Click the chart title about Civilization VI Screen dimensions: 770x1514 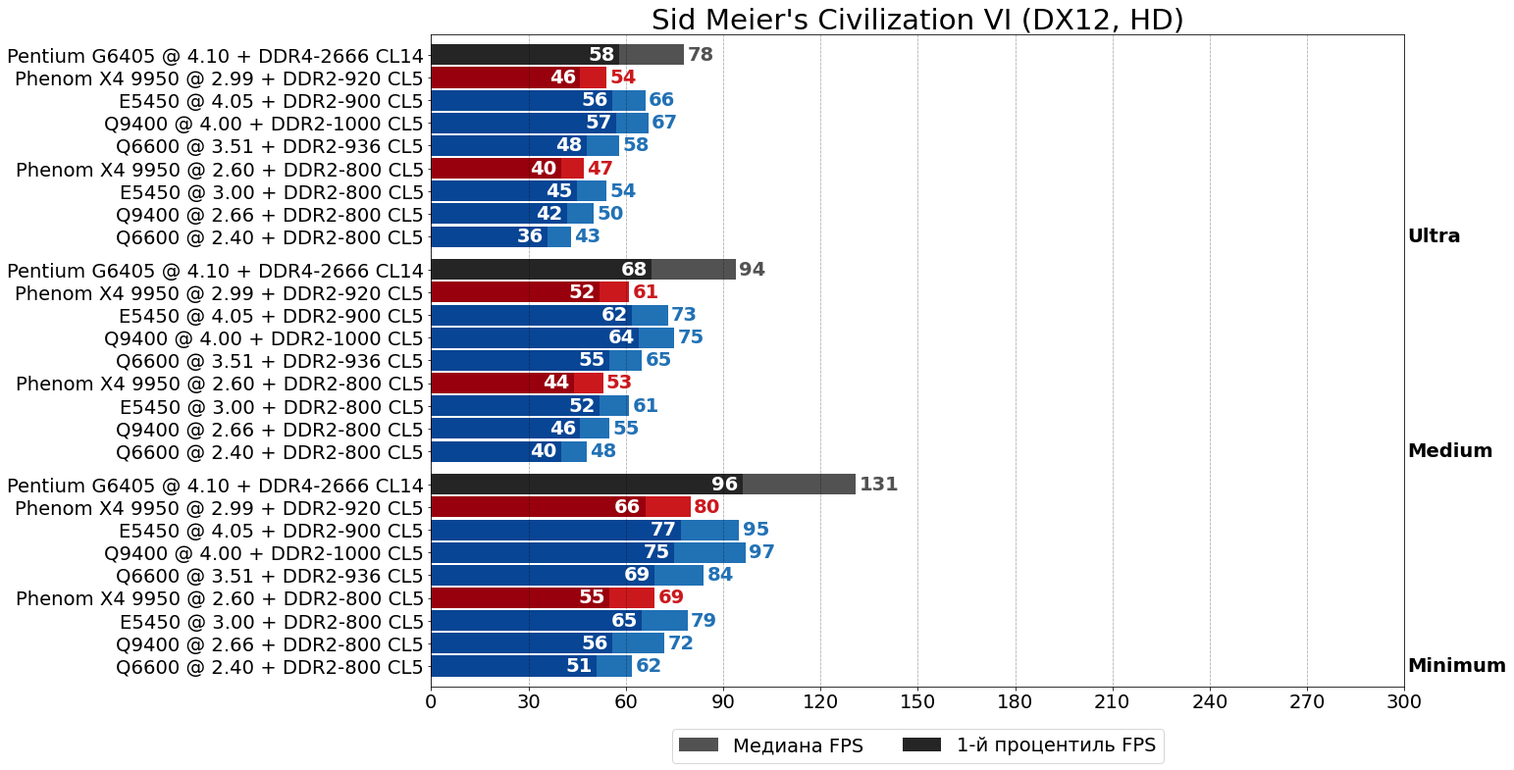click(x=916, y=20)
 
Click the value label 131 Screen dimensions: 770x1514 click(x=878, y=485)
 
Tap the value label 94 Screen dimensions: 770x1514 click(x=752, y=270)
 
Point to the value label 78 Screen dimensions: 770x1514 click(x=700, y=55)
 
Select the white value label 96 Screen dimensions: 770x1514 click(x=724, y=485)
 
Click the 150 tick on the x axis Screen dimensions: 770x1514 click(x=917, y=701)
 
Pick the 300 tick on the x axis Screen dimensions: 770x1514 click(x=1403, y=701)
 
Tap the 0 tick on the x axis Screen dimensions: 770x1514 click(x=431, y=701)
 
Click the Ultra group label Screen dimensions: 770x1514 click(x=1434, y=236)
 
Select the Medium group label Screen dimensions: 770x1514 click(x=1449, y=451)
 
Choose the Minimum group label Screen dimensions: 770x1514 click(x=1456, y=666)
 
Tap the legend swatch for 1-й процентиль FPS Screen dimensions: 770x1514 click(x=921, y=744)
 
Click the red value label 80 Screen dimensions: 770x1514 click(x=705, y=507)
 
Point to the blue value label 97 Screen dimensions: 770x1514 click(x=761, y=552)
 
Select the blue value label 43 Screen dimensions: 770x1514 click(x=587, y=236)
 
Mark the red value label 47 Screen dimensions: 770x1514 click(x=600, y=169)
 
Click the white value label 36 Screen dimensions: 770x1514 click(x=530, y=236)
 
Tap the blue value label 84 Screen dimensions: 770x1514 click(x=719, y=575)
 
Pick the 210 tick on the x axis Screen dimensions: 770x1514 click(x=1112, y=701)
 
